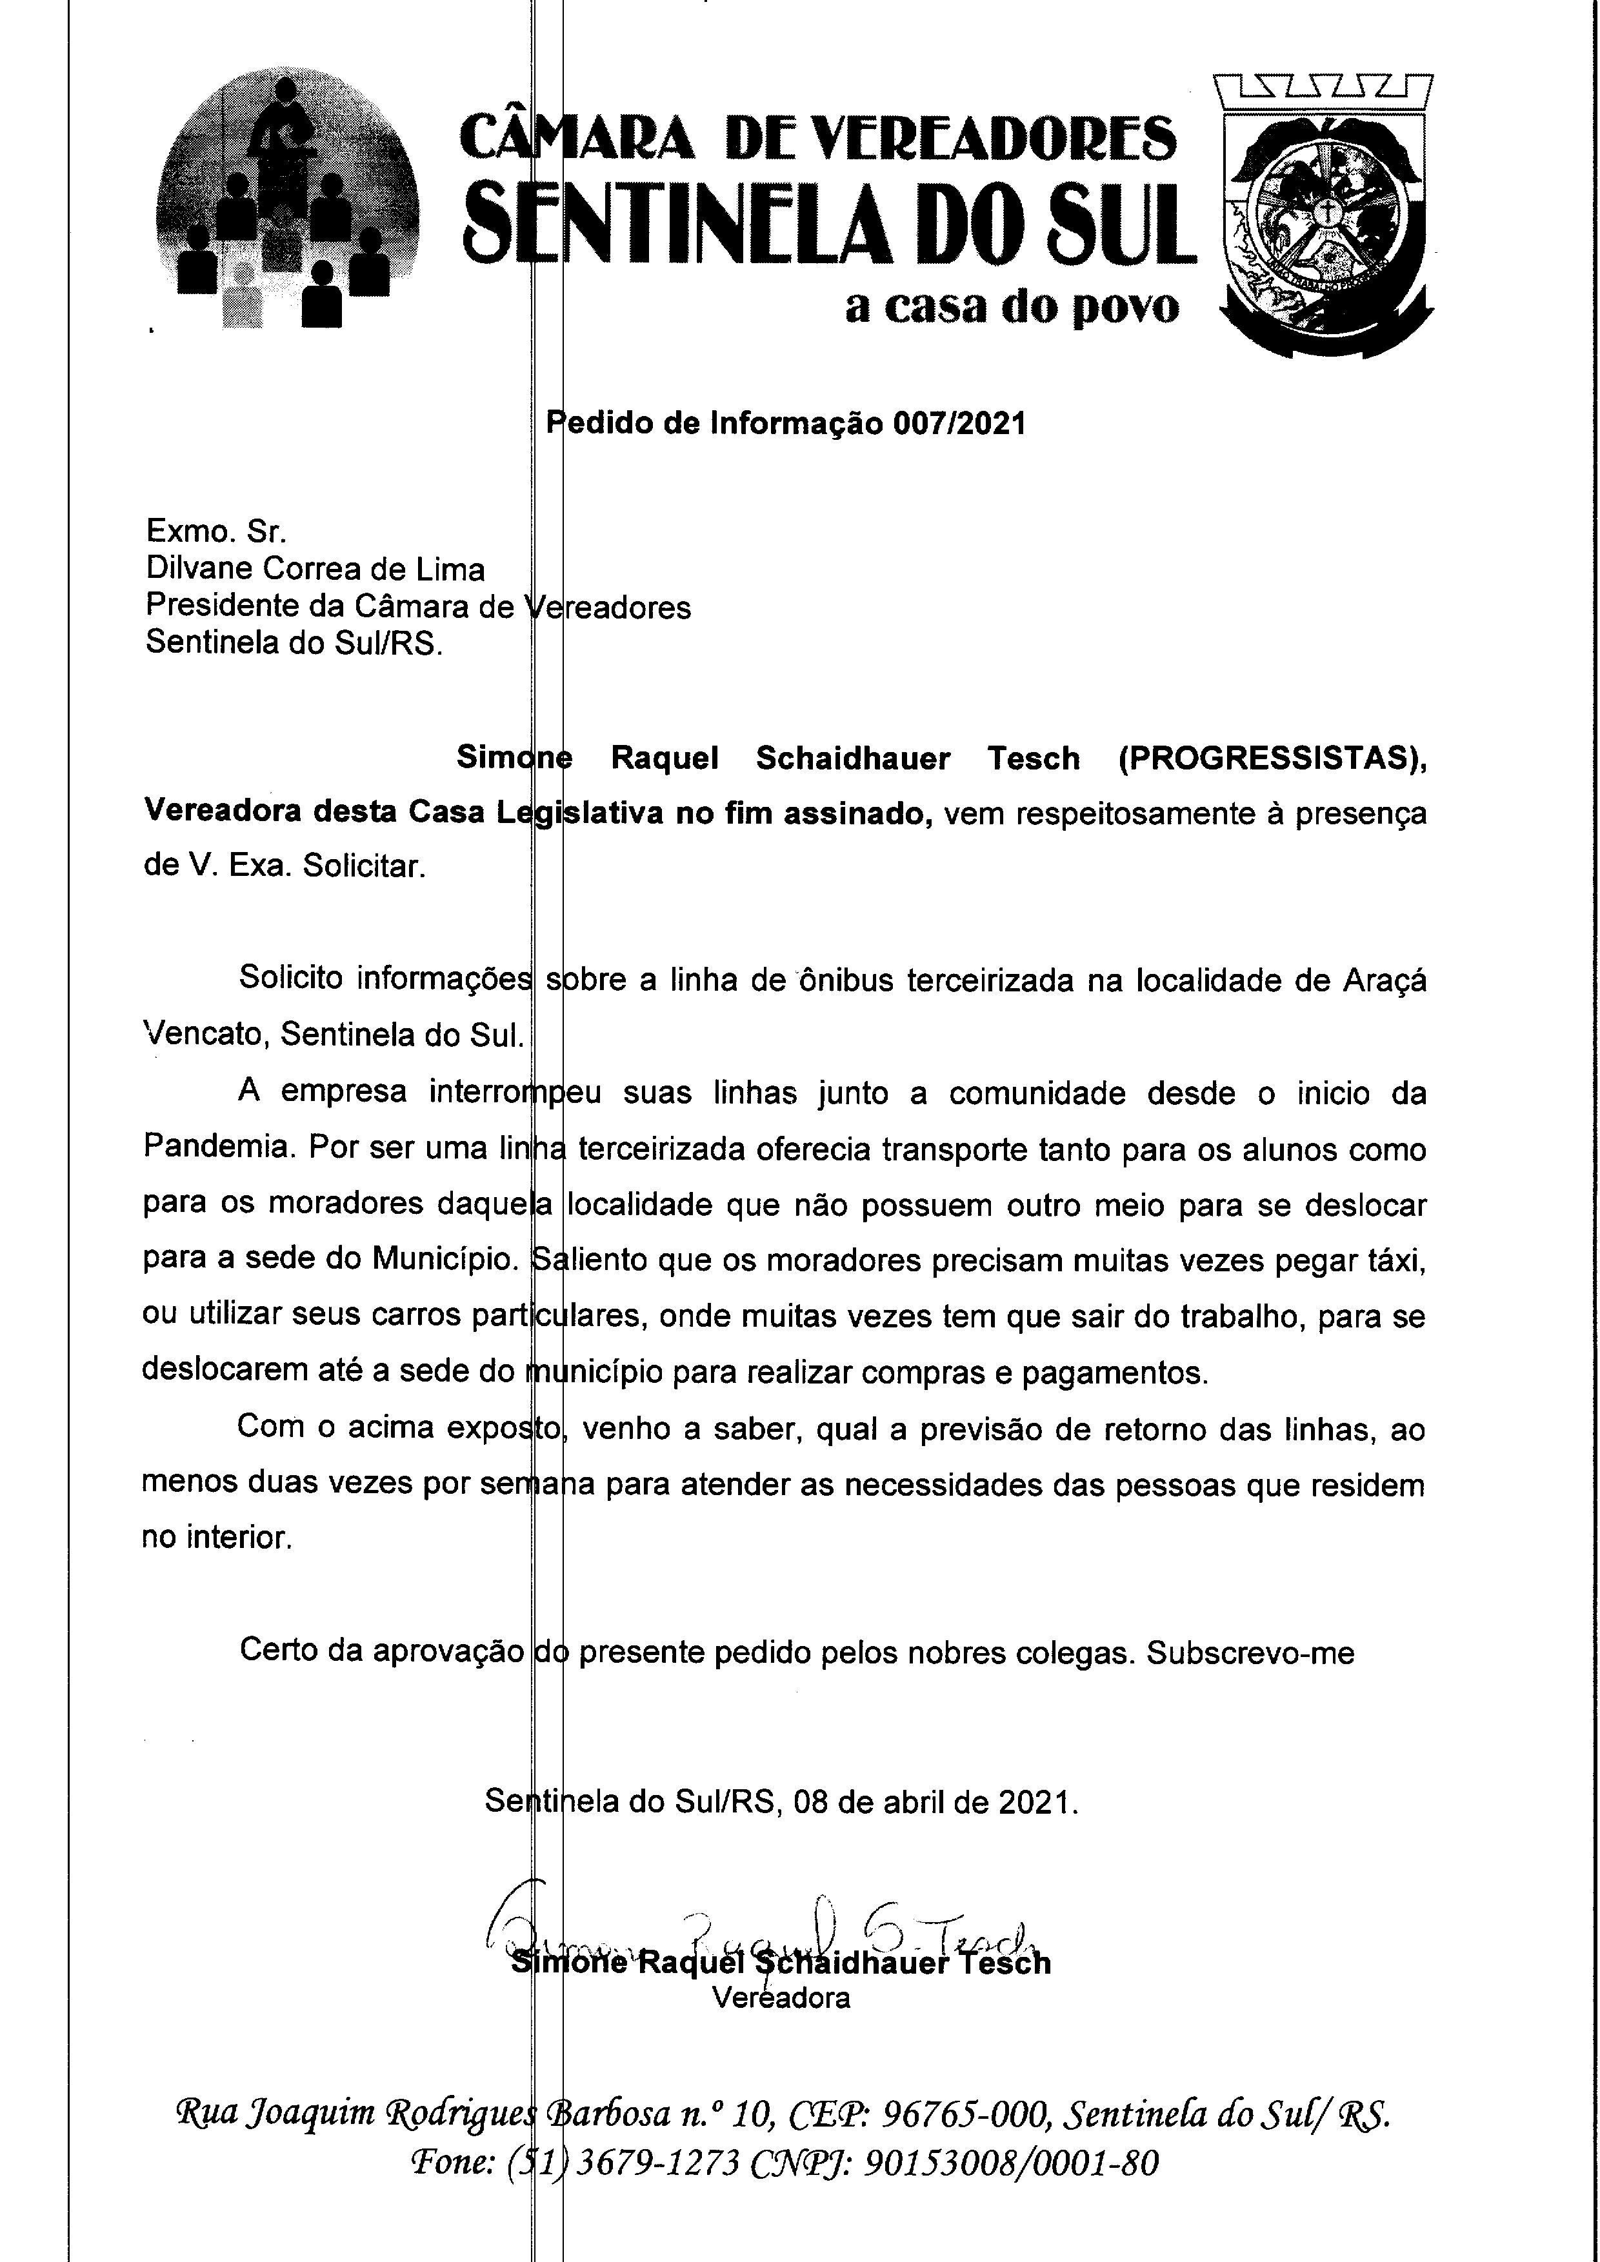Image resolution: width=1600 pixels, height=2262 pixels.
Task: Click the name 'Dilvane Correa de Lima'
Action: [x=315, y=570]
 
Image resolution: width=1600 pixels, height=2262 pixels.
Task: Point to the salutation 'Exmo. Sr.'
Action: [x=215, y=532]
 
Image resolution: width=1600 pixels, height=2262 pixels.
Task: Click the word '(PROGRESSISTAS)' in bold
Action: [x=1272, y=759]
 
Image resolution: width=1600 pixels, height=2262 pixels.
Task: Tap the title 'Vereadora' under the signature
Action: [x=781, y=1998]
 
